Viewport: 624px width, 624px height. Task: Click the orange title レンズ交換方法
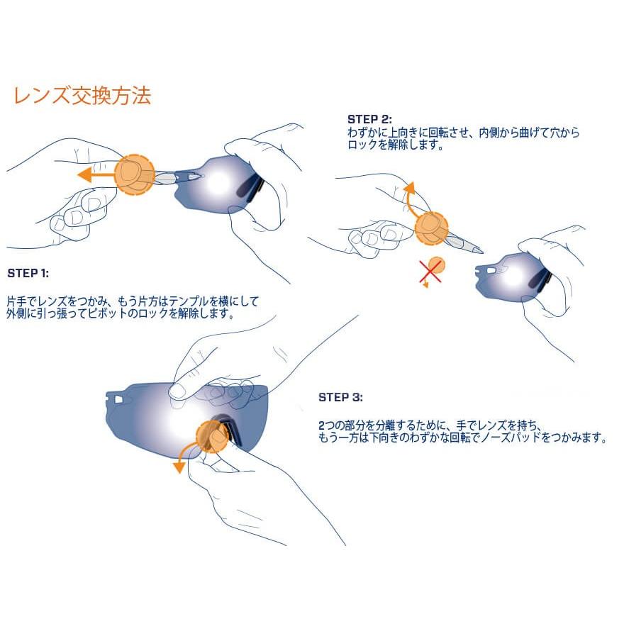click(82, 96)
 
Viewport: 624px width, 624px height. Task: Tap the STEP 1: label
click(28, 273)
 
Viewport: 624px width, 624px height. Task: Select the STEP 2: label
click(369, 119)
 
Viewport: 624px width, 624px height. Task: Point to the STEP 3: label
click(340, 397)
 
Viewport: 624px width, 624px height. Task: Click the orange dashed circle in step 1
click(134, 174)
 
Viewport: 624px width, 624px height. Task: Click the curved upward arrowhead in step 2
click(408, 186)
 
